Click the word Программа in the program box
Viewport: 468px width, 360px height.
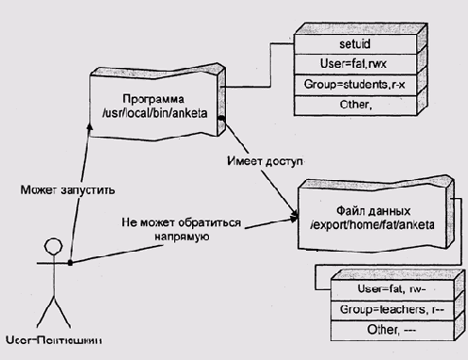(153, 99)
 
